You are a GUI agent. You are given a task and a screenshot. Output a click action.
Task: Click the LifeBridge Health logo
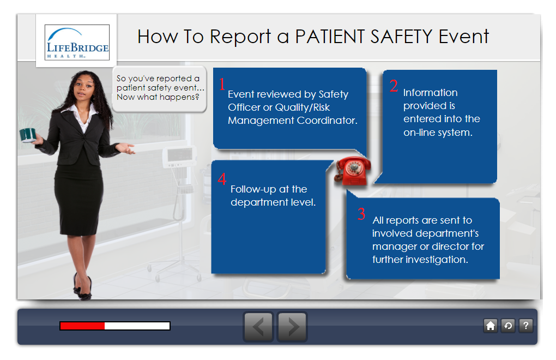tap(77, 42)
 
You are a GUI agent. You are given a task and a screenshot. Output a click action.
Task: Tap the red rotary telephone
tap(353, 171)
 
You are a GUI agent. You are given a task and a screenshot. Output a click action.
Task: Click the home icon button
tap(491, 326)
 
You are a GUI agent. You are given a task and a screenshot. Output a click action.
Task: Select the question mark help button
tap(526, 326)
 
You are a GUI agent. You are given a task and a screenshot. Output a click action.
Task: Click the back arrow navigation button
tap(258, 327)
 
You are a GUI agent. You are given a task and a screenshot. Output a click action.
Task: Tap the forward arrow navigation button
tap(292, 327)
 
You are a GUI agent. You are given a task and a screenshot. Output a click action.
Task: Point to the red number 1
tap(222, 85)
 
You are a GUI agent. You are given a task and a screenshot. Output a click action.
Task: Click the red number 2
tap(394, 86)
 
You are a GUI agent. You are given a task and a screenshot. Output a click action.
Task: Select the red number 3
tap(361, 214)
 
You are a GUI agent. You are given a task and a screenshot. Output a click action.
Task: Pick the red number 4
tap(222, 179)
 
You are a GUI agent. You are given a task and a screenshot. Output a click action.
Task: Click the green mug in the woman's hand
tap(28, 135)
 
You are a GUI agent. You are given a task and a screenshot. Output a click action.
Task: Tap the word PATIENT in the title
tap(330, 37)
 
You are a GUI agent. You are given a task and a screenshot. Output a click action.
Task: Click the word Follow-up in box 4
tap(253, 189)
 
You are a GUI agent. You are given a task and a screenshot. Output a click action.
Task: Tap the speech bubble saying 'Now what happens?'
tap(160, 89)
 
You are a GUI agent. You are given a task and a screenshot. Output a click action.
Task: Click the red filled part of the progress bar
tap(82, 326)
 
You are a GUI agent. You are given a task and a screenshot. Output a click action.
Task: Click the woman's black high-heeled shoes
tap(83, 287)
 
